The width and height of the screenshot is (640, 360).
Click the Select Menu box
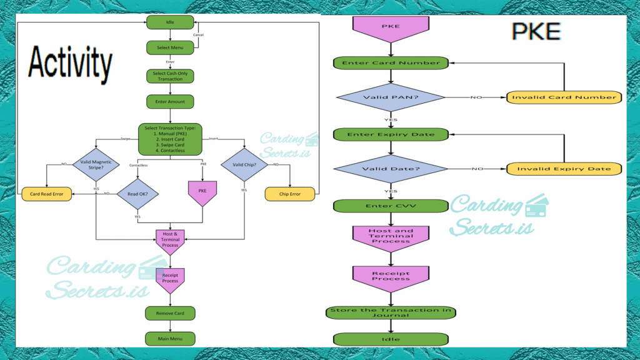(170, 47)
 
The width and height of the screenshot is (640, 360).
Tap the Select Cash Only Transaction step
(170, 76)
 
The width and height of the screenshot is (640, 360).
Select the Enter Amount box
(170, 101)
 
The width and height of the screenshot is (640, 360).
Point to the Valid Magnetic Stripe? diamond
(96, 165)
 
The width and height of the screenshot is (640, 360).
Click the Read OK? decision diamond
(137, 193)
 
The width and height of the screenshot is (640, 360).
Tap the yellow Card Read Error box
(47, 194)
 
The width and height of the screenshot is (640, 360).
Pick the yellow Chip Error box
(289, 194)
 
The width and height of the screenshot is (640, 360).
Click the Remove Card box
(170, 312)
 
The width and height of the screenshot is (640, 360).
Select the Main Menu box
(170, 338)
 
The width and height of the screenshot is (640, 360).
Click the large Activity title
(71, 64)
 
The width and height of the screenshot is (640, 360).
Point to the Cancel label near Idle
(198, 35)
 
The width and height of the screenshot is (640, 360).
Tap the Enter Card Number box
(391, 62)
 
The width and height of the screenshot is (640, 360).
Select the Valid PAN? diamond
(391, 97)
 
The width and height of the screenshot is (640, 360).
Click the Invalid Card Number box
(564, 97)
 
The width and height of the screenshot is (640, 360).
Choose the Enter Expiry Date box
(391, 134)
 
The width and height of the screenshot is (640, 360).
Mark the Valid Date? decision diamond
(391, 169)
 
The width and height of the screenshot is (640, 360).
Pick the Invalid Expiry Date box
(564, 169)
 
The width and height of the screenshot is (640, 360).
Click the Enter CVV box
(391, 206)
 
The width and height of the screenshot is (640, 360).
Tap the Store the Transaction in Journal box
(391, 312)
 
